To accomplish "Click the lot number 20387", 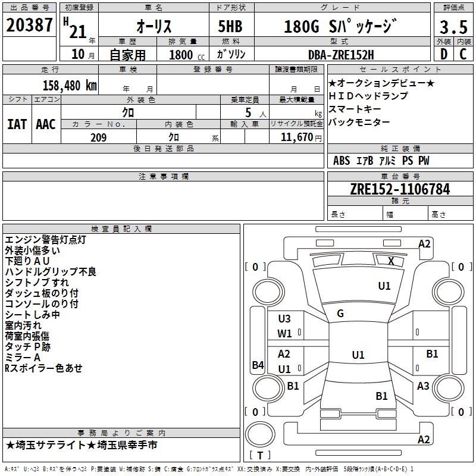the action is pyautogui.click(x=29, y=26).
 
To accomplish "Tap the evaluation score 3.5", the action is pyautogui.click(x=453, y=27).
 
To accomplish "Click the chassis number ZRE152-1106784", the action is pyautogui.click(x=400, y=189).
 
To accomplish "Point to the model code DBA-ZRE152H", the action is pyautogui.click(x=341, y=54).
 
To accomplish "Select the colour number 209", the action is pyautogui.click(x=99, y=137).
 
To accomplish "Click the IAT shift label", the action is pyautogui.click(x=17, y=124).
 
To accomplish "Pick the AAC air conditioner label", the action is pyautogui.click(x=46, y=124).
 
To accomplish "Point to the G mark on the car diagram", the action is pyautogui.click(x=340, y=314).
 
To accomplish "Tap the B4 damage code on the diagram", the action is pyautogui.click(x=258, y=365).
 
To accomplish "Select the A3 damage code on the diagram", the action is pyautogui.click(x=423, y=386).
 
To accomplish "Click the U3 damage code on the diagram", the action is pyautogui.click(x=284, y=319).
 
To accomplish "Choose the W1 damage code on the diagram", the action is pyautogui.click(x=284, y=334).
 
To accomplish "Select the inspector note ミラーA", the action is pyautogui.click(x=23, y=357).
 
